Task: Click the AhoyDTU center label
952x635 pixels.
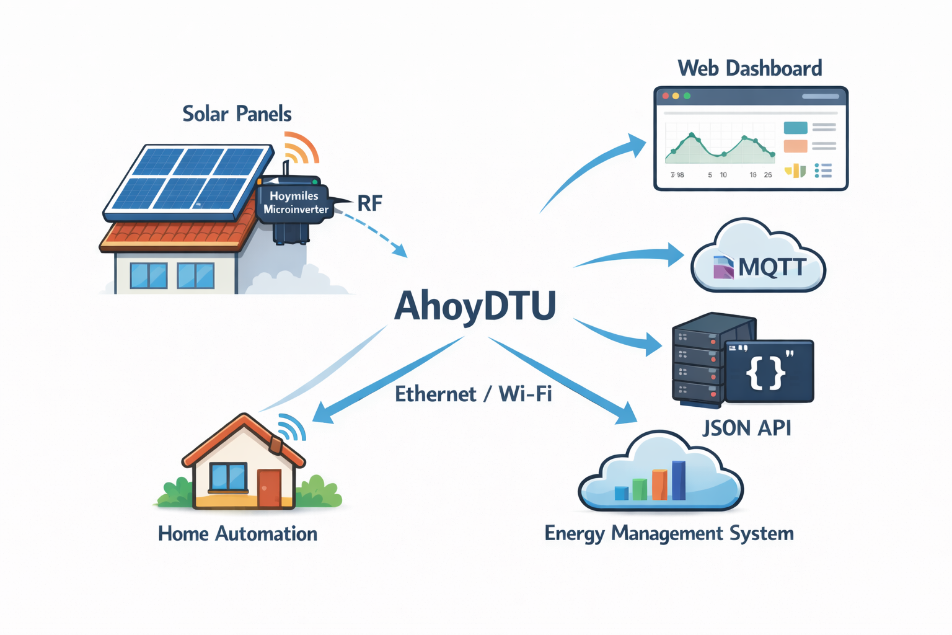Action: coord(475,306)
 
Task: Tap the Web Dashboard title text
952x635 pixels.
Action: coord(749,68)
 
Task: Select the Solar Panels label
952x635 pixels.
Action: coord(237,114)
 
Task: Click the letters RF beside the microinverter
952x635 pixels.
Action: coord(369,203)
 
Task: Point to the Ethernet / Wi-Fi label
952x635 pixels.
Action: coord(473,394)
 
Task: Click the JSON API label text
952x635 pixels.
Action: coord(746,428)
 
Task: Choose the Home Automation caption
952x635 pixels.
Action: coord(237,534)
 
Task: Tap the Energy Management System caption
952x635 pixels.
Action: coord(669,534)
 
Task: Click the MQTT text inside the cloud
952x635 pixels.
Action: coord(772,268)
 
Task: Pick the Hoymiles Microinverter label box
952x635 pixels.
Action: coord(295,203)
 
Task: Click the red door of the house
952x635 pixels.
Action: coord(269,488)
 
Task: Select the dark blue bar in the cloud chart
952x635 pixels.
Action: coord(679,481)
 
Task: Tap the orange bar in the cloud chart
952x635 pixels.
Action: coord(659,485)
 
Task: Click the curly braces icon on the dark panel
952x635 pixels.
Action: coord(766,372)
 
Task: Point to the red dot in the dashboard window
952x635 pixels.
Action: coord(666,96)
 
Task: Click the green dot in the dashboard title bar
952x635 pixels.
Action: coord(687,96)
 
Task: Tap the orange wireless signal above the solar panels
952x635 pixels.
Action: coord(301,148)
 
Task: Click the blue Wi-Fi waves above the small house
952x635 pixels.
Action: coord(292,426)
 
